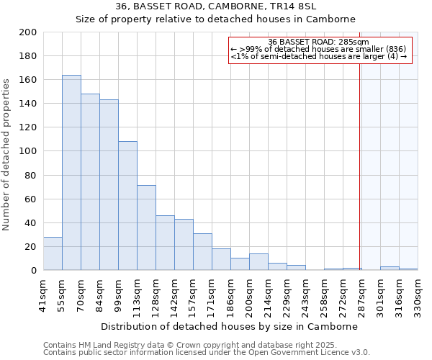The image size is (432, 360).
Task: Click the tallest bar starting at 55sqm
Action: [71, 173]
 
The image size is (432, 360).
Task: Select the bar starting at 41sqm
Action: [53, 253]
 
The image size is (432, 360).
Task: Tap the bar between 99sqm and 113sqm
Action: [127, 206]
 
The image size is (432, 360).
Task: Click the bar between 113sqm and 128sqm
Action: [146, 228]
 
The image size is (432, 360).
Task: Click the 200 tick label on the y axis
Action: [28, 32]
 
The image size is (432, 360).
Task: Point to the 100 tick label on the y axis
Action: [28, 151]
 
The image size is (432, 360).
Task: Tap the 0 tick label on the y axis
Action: [34, 271]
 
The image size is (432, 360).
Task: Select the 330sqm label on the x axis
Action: [418, 295]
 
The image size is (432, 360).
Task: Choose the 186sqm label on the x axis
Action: [230, 295]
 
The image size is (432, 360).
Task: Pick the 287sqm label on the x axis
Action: [361, 295]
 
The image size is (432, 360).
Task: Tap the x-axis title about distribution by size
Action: [229, 326]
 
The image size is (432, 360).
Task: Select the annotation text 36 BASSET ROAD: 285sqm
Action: [320, 41]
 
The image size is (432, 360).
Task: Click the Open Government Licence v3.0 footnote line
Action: [207, 353]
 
